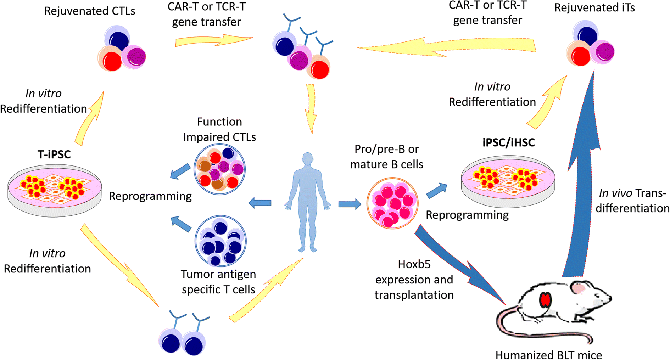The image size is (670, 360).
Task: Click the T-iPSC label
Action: click(54, 154)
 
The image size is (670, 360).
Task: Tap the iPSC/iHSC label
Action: click(508, 142)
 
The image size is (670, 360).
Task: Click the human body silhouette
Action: click(308, 202)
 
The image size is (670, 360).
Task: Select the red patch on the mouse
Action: click(545, 300)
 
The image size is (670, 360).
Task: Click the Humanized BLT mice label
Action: click(548, 354)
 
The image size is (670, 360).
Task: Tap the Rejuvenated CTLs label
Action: click(89, 11)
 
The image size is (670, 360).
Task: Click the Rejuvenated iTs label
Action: click(594, 8)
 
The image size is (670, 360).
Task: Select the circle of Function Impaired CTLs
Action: click(219, 169)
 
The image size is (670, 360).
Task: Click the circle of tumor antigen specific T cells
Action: click(220, 241)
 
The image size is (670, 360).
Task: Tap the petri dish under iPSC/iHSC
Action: click(508, 180)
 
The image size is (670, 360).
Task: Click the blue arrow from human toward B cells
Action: click(349, 204)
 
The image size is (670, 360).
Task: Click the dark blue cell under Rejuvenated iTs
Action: click(587, 35)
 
